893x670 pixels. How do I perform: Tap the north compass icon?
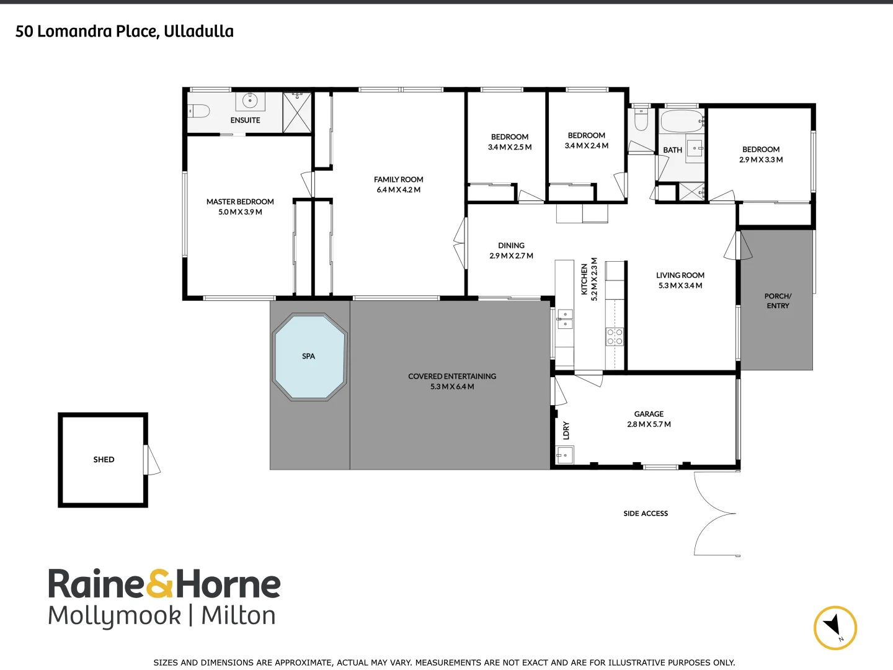835,627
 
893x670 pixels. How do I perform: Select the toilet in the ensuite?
199,111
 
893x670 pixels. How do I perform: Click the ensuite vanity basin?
251,100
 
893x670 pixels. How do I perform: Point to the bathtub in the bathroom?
681,121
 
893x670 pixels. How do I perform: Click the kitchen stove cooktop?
615,337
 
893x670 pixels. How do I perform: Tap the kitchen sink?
565,319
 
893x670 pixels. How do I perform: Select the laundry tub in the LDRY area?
564,457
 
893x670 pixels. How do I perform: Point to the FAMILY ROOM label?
398,179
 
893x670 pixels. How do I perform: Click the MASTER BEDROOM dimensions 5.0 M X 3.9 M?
240,212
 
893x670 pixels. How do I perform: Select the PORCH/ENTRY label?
778,301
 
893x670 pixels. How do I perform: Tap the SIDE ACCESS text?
646,514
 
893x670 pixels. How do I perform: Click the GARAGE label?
649,414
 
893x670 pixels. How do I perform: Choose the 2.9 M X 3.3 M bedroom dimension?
761,160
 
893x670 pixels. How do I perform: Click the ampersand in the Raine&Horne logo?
161,584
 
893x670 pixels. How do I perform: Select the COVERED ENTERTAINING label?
452,376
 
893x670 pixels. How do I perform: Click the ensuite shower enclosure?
297,112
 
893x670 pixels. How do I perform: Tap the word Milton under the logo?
238,615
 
